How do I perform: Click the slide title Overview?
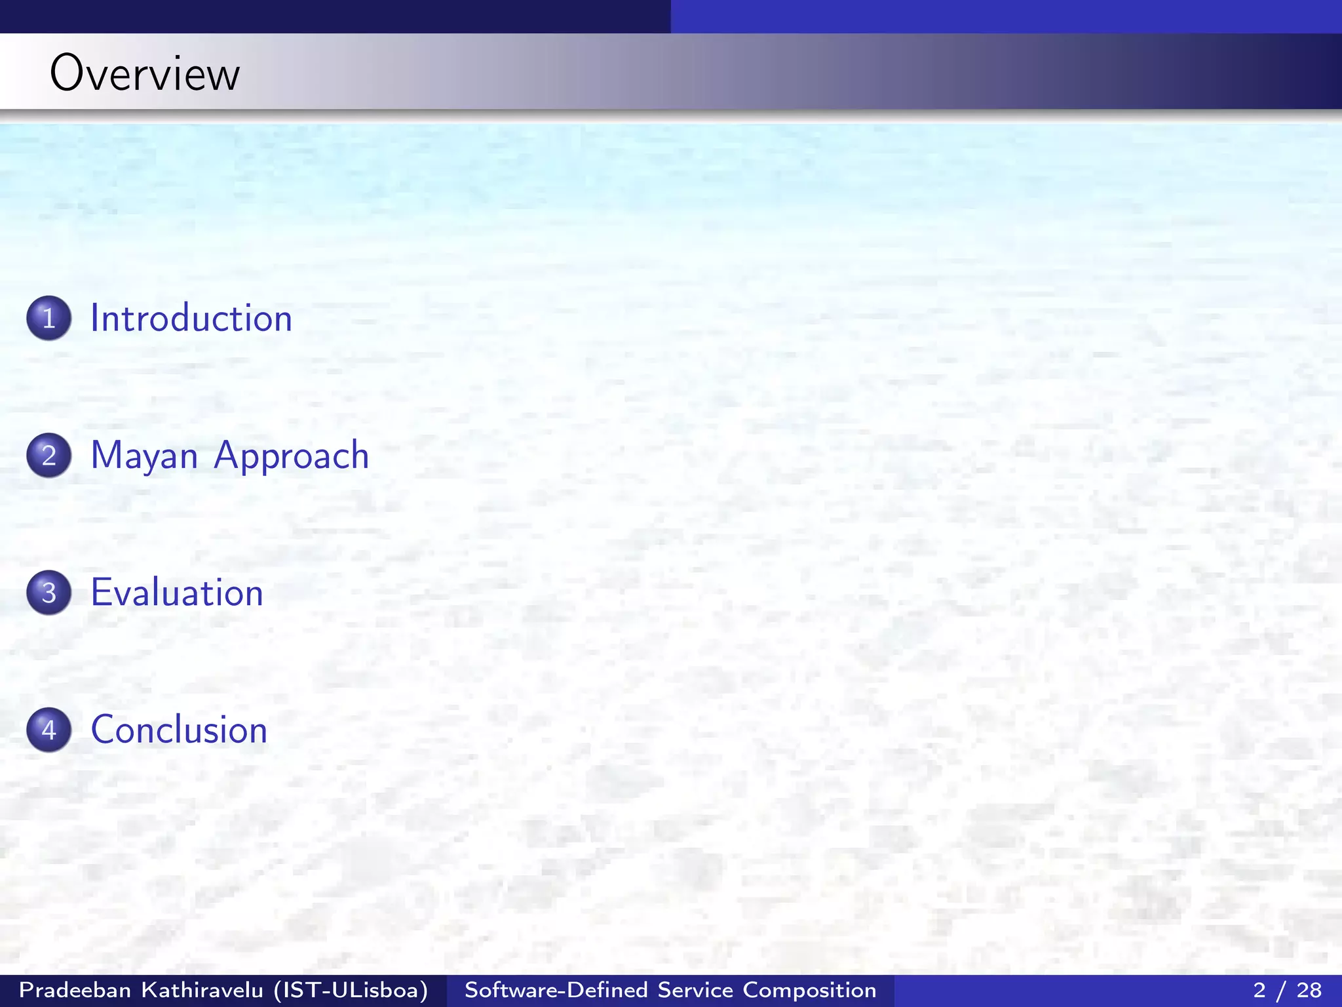pos(145,73)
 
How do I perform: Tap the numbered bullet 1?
pos(49,318)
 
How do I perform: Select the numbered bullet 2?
pos(49,455)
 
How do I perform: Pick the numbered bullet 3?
pos(49,592)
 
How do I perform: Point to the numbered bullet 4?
pos(49,730)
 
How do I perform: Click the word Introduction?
pos(191,319)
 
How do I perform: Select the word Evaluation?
pos(177,593)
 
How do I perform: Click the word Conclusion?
pos(179,730)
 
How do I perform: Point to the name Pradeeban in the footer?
pos(75,990)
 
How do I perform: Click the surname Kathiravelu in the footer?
pos(202,990)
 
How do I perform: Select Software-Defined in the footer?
pos(556,990)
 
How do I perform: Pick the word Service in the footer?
pos(695,990)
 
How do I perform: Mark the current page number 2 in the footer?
pos(1259,990)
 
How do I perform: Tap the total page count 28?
pos(1309,990)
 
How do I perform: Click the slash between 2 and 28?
pos(1284,990)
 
